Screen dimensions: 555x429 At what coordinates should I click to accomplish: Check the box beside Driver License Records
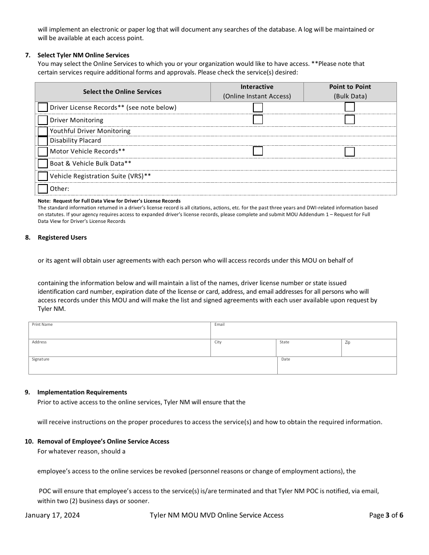[x=42, y=107]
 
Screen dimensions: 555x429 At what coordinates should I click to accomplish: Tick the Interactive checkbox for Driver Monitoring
[x=258, y=120]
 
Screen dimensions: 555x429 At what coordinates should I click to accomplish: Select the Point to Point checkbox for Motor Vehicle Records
[x=350, y=152]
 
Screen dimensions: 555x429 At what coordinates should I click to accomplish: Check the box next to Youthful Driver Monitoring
[x=42, y=131]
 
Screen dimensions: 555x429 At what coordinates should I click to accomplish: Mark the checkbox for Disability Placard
[x=42, y=141]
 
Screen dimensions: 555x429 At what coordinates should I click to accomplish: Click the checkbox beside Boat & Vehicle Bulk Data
[x=42, y=164]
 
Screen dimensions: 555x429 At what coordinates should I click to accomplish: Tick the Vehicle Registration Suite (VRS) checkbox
[x=42, y=176]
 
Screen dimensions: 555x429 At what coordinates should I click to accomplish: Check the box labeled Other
[x=42, y=189]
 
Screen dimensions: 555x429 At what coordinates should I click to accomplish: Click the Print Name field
[x=119, y=332]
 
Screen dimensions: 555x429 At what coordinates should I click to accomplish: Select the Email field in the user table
[x=303, y=332]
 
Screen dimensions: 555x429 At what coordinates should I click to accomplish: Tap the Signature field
[x=153, y=367]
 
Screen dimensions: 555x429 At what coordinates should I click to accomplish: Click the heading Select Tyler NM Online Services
[x=83, y=55]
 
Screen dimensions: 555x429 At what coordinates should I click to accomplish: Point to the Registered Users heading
[x=62, y=237]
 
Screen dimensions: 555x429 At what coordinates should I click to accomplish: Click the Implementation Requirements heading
[x=82, y=392]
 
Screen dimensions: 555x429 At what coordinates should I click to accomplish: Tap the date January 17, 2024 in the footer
[x=52, y=515]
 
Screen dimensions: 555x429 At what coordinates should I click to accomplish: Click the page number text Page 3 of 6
[x=386, y=515]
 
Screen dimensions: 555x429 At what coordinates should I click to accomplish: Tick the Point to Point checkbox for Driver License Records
[x=350, y=107]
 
